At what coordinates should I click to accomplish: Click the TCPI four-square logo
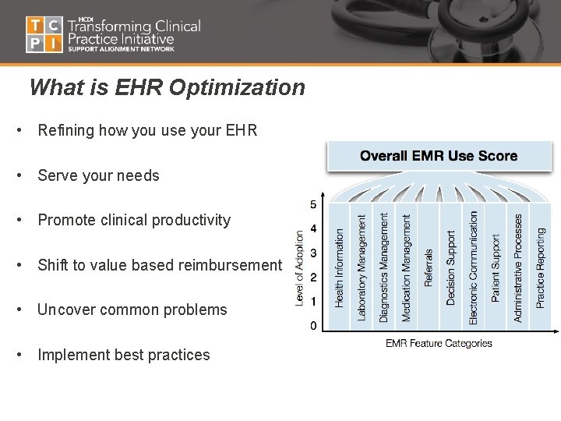click(44, 34)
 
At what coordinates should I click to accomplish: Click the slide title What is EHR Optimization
click(167, 87)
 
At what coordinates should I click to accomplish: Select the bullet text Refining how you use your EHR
click(147, 131)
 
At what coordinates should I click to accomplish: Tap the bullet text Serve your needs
click(98, 175)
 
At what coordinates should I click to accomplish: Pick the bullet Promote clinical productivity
click(134, 220)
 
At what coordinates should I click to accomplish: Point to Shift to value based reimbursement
click(159, 265)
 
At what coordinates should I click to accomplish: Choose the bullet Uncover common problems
click(132, 310)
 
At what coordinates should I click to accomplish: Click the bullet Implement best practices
click(124, 355)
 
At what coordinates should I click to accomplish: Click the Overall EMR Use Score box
click(439, 156)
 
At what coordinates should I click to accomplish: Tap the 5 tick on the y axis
click(313, 205)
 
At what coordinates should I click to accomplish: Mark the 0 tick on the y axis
click(313, 326)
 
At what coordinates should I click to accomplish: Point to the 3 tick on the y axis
click(313, 253)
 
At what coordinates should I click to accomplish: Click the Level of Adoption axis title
click(300, 267)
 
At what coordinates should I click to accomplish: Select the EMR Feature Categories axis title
click(439, 343)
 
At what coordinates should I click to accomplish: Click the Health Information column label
click(339, 267)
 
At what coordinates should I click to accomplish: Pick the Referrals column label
click(429, 268)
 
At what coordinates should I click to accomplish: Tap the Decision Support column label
click(451, 267)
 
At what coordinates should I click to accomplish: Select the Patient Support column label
click(496, 267)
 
